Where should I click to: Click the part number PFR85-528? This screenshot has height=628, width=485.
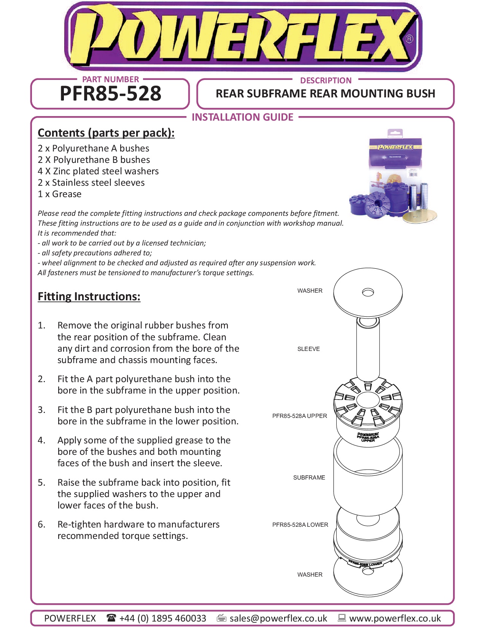coord(110,94)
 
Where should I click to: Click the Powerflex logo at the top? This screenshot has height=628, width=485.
coord(243,37)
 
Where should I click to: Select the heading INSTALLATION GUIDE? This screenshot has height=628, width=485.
coord(242,117)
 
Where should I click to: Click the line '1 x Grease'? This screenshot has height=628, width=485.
coord(59,194)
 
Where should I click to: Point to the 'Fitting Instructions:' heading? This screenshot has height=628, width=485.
coord(89,296)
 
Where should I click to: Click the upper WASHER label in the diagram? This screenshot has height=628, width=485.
coord(310,291)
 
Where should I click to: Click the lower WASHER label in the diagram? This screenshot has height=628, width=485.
coord(310,575)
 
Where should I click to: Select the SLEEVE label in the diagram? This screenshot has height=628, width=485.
coord(308,349)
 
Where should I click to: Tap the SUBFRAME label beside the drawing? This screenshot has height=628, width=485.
coord(309,478)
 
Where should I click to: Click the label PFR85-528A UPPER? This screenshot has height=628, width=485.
coord(299,416)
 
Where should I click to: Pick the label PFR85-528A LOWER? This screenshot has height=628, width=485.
coord(300,525)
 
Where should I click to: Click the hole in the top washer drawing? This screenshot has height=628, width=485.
coord(368,292)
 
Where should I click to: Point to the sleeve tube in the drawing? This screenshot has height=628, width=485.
coord(368,350)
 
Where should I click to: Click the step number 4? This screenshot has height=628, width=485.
coord(41,440)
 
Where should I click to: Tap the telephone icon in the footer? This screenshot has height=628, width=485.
coord(111,617)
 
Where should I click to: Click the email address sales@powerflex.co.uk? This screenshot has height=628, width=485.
coord(278,618)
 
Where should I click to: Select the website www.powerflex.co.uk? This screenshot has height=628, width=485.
coord(395,618)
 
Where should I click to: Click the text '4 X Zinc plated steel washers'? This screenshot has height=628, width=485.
coord(98,171)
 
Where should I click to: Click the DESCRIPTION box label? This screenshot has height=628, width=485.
coord(326,81)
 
